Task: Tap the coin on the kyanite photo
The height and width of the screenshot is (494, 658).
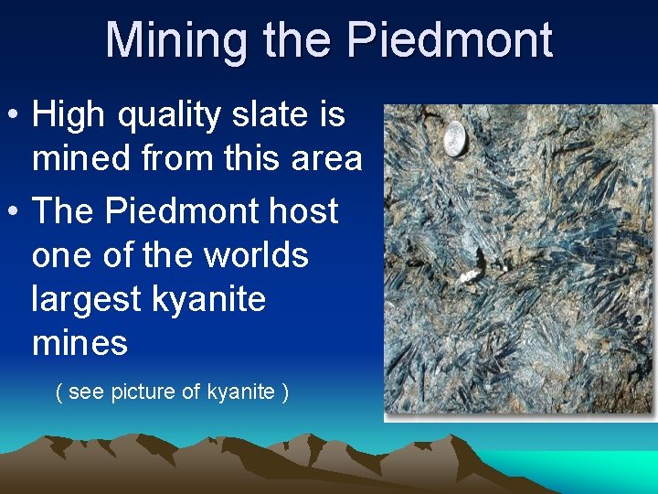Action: pyautogui.click(x=455, y=142)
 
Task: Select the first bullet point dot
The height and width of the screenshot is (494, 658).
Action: pyautogui.click(x=16, y=116)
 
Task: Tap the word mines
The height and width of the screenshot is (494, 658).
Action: pyautogui.click(x=80, y=344)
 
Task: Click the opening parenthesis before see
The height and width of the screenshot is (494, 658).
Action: pyautogui.click(x=59, y=392)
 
